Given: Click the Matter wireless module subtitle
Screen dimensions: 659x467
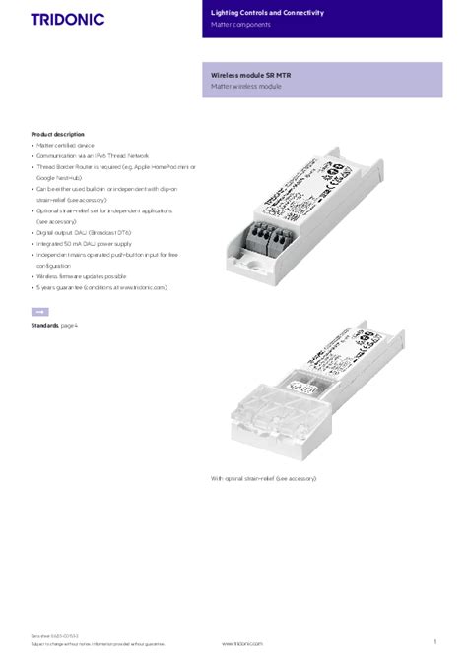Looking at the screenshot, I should pyautogui.click(x=245, y=87).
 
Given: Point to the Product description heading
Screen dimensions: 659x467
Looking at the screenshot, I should pyautogui.click(x=57, y=133).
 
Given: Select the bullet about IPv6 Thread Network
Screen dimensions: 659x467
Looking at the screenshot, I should pyautogui.click(x=95, y=155).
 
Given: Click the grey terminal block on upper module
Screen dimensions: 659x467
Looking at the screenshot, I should pyautogui.click(x=269, y=234).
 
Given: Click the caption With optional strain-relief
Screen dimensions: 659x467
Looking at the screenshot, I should pyautogui.click(x=263, y=478).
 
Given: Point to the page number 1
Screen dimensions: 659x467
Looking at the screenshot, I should pyautogui.click(x=434, y=640).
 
